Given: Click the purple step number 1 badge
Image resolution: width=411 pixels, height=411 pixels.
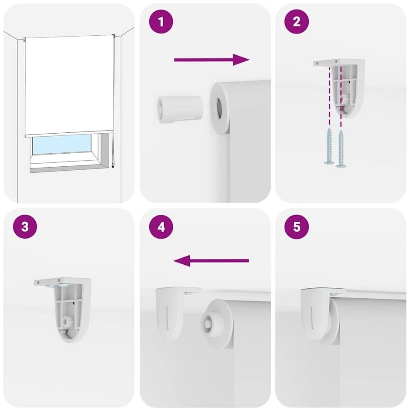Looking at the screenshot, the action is pos(161,21).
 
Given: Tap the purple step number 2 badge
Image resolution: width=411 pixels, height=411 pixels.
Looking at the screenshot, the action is pos(296,21).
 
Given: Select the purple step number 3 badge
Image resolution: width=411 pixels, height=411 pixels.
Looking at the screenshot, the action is pos(25,226).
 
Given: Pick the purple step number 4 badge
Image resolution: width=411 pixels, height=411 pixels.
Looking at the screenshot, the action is pos(161,226).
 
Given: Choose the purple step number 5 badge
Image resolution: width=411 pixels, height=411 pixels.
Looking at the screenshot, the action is pos(296,226).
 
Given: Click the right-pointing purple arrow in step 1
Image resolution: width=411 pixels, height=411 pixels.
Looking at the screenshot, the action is pos(212,60).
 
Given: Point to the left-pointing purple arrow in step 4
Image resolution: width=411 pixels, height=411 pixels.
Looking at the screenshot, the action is pos(211,261).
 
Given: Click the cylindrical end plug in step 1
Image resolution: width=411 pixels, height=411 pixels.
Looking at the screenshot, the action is pos(180,109).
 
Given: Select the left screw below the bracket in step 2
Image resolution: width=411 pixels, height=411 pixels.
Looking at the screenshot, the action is pos(330,147).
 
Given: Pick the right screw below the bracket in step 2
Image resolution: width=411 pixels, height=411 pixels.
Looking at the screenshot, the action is pos(341,148).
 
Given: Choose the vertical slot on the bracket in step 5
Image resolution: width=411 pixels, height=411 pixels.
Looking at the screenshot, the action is pos(311,318).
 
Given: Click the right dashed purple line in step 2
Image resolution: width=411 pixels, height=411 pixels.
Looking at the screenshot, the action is pos(341,97).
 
